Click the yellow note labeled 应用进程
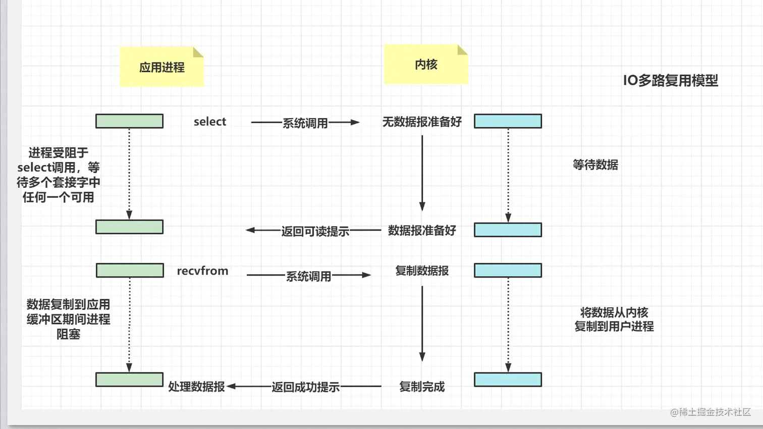tap(161, 67)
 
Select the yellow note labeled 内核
tap(426, 65)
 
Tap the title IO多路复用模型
tap(670, 80)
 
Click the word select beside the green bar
tap(210, 122)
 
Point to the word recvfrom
tap(202, 271)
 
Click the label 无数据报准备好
tap(422, 122)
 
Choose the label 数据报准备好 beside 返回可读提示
tap(422, 231)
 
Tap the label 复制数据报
tap(422, 271)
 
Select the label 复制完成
tap(422, 387)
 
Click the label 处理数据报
tap(196, 387)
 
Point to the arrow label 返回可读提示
tap(315, 232)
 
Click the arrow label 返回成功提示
tap(305, 387)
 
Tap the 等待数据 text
tap(595, 165)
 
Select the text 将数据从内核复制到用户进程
tap(614, 319)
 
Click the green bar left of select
tap(130, 121)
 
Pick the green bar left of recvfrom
tap(130, 271)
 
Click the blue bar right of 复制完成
tap(508, 380)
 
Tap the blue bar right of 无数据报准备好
tap(508, 121)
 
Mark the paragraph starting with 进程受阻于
tap(59, 175)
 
